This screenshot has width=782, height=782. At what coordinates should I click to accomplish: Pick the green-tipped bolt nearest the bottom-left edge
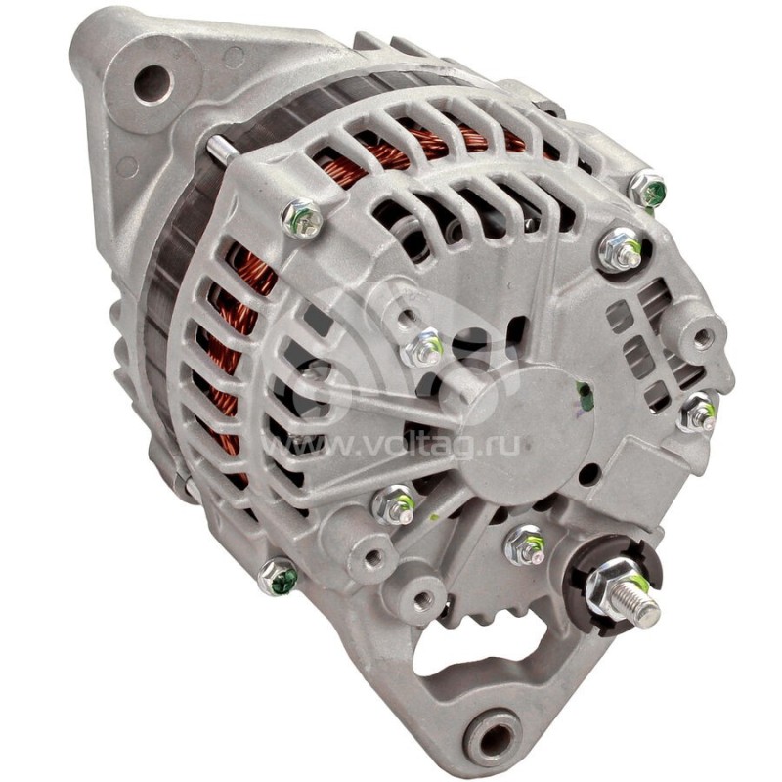point(279,578)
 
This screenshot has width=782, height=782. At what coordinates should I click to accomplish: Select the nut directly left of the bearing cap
point(426,346)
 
